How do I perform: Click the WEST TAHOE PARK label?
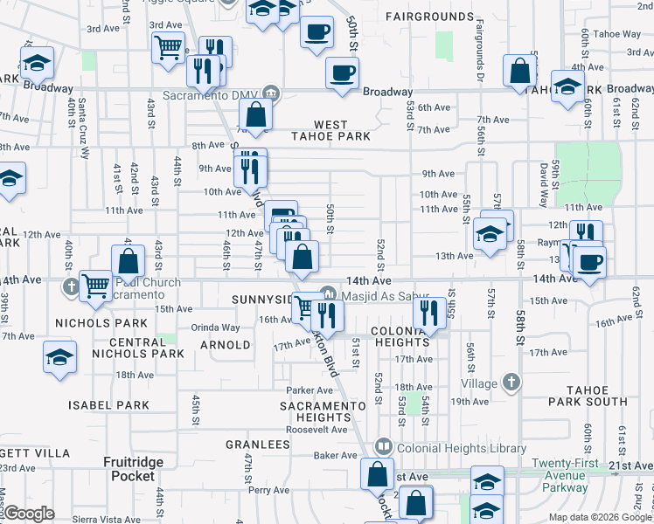pyautogui.click(x=330, y=130)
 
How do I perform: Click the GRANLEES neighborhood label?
pyautogui.click(x=258, y=445)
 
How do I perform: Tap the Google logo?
pyautogui.click(x=30, y=514)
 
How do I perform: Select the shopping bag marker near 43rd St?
pyautogui.click(x=128, y=260)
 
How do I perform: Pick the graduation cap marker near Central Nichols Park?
pyautogui.click(x=59, y=356)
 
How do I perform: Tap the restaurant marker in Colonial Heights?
pyautogui.click(x=428, y=313)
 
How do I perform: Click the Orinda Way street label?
pyautogui.click(x=216, y=327)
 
